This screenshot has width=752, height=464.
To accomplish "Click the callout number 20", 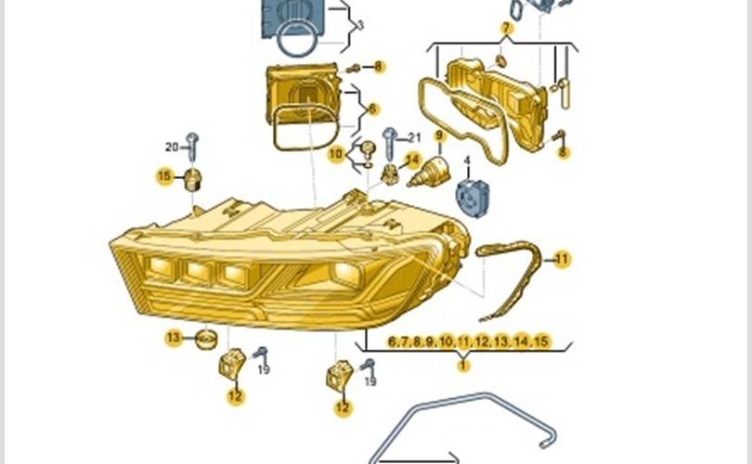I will (x=172, y=147).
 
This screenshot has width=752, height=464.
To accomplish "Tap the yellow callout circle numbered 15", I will (x=165, y=175).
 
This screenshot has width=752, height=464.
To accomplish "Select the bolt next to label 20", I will (x=192, y=146).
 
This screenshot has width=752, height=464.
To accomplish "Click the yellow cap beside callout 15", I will (x=193, y=178).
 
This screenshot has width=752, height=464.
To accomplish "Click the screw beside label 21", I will (x=390, y=141).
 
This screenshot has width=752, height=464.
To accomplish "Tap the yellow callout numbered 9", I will (x=439, y=135).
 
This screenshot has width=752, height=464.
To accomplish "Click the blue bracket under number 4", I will (x=472, y=197).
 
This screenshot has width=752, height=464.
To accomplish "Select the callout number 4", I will (x=467, y=160).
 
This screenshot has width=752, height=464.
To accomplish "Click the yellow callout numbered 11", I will (x=563, y=258).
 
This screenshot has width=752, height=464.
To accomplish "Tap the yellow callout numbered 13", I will (x=174, y=338).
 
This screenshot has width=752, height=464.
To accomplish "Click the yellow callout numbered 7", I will (x=506, y=28).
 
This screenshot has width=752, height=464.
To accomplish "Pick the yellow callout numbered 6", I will (x=373, y=109).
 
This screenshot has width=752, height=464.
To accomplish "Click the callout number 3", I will (x=360, y=25).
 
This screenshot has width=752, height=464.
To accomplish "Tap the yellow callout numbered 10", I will (x=336, y=154).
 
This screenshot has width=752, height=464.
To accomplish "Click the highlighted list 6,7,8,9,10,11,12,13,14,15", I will (x=469, y=342).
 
